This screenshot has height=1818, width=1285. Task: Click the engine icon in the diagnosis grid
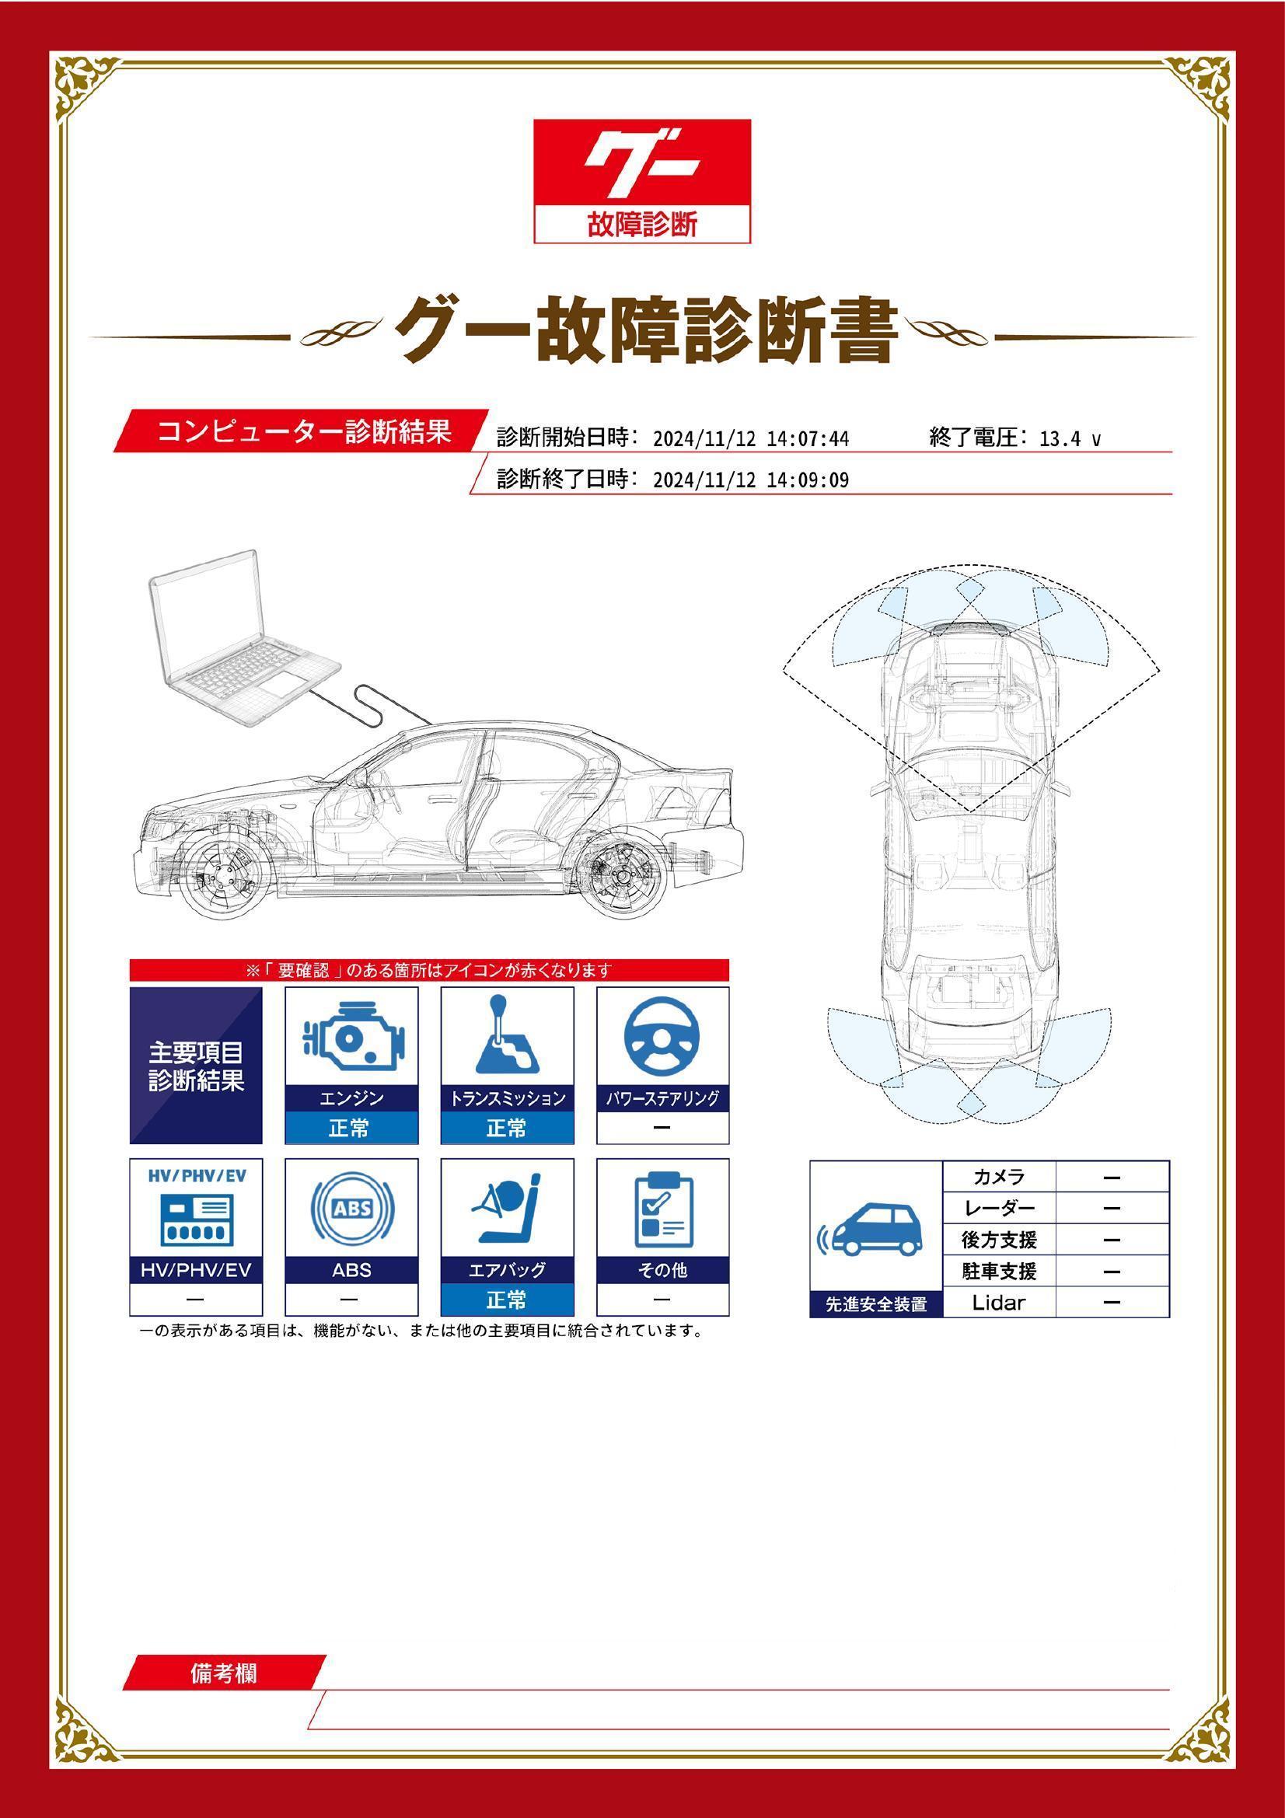click(351, 1035)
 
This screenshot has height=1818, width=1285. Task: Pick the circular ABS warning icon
click(352, 1209)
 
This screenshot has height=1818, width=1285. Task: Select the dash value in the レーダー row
click(1112, 1209)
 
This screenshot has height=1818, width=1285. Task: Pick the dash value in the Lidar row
click(1112, 1302)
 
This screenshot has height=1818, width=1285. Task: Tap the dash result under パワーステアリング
click(662, 1128)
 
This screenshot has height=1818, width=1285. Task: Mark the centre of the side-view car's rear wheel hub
click(620, 877)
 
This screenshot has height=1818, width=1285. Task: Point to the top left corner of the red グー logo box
click(533, 120)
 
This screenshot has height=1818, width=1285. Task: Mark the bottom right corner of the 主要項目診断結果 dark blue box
click(262, 1143)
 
